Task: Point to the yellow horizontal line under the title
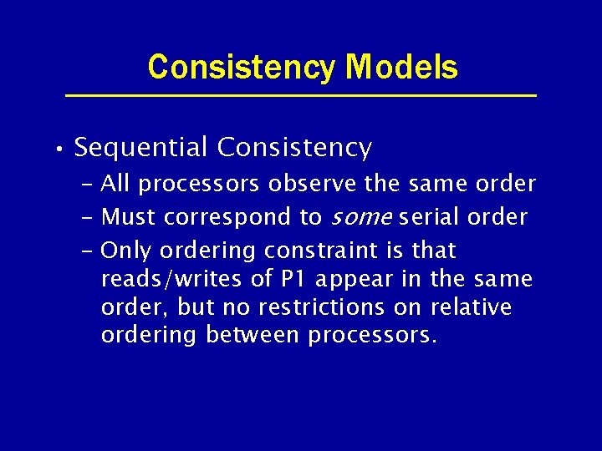pyautogui.click(x=301, y=96)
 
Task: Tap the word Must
pyautogui.click(x=129, y=217)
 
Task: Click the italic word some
pyautogui.click(x=362, y=218)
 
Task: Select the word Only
pyautogui.click(x=125, y=251)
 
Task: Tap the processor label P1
pyautogui.click(x=294, y=279)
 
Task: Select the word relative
pyautogui.click(x=471, y=307)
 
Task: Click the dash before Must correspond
pyautogui.click(x=89, y=217)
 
